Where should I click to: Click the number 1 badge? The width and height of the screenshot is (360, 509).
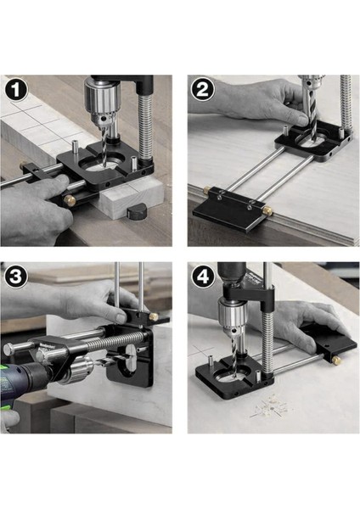(x=15, y=90)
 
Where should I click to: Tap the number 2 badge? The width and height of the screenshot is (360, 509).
(x=202, y=90)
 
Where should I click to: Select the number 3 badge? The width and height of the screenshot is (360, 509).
(x=15, y=277)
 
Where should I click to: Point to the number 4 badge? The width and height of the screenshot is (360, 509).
(x=203, y=277)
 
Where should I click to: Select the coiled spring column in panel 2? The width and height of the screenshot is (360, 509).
(x=346, y=103)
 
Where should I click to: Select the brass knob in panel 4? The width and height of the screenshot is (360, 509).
(x=336, y=360)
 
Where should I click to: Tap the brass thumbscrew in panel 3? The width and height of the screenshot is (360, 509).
(x=154, y=316)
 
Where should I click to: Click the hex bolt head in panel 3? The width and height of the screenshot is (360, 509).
(x=9, y=349)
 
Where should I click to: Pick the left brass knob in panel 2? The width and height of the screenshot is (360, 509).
(x=206, y=189)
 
